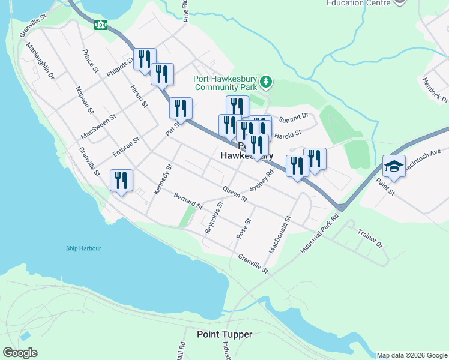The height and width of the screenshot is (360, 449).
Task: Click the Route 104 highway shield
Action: [101, 25]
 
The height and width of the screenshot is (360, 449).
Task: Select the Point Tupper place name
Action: [224, 334]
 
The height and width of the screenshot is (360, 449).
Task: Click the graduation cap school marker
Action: [393, 168]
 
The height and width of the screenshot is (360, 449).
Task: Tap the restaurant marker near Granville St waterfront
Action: [121, 181]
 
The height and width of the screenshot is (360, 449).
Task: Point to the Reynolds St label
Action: [214, 217]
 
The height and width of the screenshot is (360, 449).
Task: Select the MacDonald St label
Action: [280, 235]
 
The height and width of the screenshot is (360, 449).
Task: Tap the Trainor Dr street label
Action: [370, 239]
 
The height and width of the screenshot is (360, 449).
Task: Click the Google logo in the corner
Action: [20, 353]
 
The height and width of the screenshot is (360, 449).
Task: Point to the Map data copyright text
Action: [412, 355]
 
